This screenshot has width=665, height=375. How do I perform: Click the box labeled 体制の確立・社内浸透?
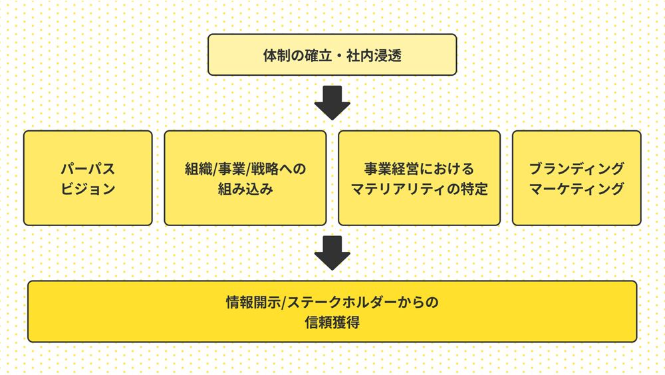pyautogui.click(x=332, y=55)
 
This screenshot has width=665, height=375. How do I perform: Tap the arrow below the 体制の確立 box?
pyautogui.click(x=332, y=102)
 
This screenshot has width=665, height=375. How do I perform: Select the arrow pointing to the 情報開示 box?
pyautogui.click(x=332, y=253)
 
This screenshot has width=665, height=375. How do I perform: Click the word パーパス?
pyautogui.click(x=88, y=169)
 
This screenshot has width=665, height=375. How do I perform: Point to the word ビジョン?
pyautogui.click(x=88, y=188)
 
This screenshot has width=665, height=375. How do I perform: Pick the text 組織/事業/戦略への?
pyautogui.click(x=245, y=169)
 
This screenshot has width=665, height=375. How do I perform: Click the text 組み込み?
pyautogui.click(x=245, y=188)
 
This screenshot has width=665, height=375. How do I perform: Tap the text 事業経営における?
pyautogui.click(x=419, y=169)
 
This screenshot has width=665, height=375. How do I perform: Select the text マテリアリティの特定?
pyautogui.click(x=419, y=188)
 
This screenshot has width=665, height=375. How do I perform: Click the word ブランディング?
pyautogui.click(x=577, y=169)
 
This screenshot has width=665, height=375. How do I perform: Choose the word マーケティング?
pyautogui.click(x=577, y=188)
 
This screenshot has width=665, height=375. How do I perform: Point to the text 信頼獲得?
pyautogui.click(x=332, y=322)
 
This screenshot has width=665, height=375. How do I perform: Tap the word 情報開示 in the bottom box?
pyautogui.click(x=253, y=302)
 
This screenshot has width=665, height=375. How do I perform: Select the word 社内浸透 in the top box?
pyautogui.click(x=374, y=55)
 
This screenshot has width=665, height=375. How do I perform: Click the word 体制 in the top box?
pyautogui.click(x=277, y=55)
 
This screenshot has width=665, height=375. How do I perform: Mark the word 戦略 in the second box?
pyautogui.click(x=265, y=169)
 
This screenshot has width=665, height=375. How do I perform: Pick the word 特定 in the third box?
pyautogui.click(x=474, y=188)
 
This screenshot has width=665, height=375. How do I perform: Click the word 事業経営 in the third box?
pyautogui.click(x=392, y=169)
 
